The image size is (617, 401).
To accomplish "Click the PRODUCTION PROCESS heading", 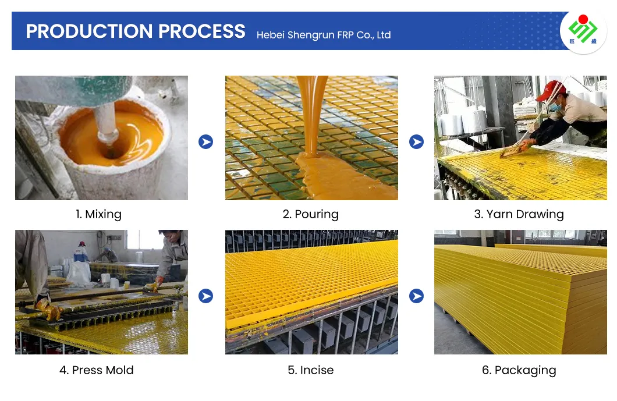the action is coord(136,31).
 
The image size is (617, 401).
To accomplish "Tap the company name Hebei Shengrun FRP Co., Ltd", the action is coord(324,35).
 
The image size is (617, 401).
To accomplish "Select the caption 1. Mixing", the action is coord(98,214).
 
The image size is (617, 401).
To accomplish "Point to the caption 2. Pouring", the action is coord(310,214).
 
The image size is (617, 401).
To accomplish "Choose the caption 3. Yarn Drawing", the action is coord(519,214).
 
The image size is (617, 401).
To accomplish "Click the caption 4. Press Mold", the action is coord(97,370).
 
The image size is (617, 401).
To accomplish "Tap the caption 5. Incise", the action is coord(310,370).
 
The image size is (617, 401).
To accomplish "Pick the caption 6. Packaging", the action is coord(519,370).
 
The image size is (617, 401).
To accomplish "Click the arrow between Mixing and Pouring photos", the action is coord(206,141).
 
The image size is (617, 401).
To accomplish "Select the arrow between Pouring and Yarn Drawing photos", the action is coord(416,141).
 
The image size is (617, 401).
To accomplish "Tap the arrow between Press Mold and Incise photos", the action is coord(206,296).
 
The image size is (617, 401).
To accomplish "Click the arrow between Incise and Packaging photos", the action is coord(416,296).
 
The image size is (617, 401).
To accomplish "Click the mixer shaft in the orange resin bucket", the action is coord(105,122).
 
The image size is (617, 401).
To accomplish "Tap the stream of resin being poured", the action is coord(312,114).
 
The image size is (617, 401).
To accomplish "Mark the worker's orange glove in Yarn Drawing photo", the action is coord(526,144).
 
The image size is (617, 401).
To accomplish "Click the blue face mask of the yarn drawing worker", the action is coord(555,107).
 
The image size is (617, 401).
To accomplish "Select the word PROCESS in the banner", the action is coord(201,31).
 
